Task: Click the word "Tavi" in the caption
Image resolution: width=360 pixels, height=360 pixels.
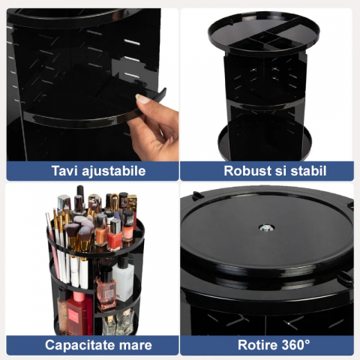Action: (x=64, y=171)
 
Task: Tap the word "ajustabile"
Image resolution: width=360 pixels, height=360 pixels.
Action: (x=114, y=172)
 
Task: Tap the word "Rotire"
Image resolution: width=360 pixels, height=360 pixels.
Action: (x=257, y=345)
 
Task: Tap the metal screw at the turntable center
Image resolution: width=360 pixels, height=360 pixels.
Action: (x=266, y=228)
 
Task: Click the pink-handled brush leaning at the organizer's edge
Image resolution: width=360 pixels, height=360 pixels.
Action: (x=52, y=246)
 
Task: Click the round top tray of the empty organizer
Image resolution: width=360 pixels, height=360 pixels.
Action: (x=264, y=33)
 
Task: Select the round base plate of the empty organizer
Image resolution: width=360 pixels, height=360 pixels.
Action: (x=265, y=143)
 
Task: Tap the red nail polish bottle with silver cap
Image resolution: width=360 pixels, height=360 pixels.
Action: (x=115, y=234)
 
